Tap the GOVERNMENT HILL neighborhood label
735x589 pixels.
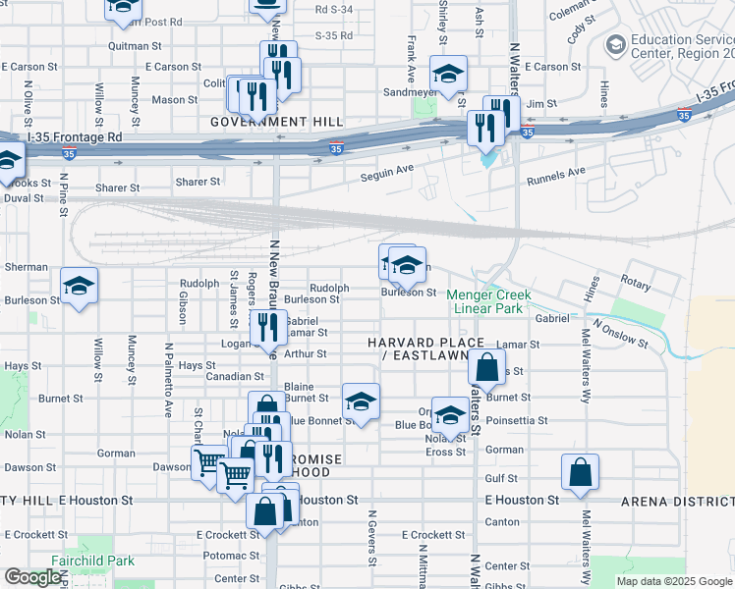click(277, 121)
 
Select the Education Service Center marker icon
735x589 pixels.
click(616, 44)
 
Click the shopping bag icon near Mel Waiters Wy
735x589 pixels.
click(580, 472)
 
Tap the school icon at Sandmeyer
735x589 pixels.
click(448, 74)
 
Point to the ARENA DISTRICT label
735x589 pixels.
click(677, 502)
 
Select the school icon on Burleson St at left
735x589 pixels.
click(80, 286)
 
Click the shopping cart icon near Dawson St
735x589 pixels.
click(208, 460)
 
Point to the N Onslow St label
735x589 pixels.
click(619, 334)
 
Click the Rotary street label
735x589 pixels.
click(635, 284)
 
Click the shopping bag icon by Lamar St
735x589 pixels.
click(486, 368)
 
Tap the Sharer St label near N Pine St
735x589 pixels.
click(117, 187)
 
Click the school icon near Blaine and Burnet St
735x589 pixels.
click(361, 402)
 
